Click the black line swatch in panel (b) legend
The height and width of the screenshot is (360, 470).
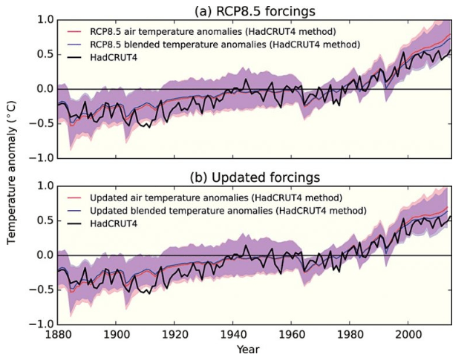(x=74, y=223)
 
